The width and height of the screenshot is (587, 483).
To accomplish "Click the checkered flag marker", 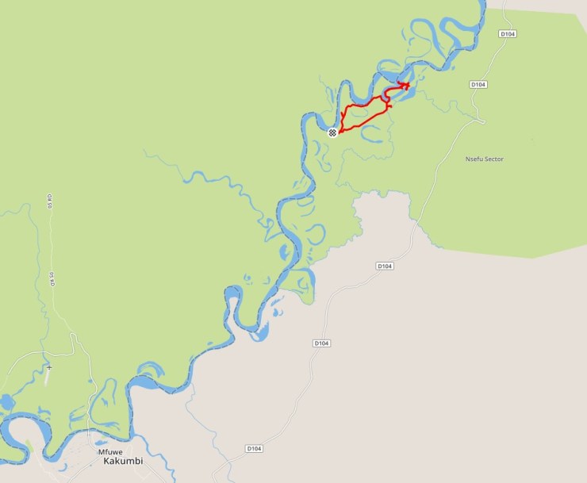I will [333, 132].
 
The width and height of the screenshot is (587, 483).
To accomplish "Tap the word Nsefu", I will [474, 159].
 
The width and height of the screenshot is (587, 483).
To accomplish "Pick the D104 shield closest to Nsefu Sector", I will [478, 84].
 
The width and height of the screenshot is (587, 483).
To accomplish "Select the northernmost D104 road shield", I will [508, 34].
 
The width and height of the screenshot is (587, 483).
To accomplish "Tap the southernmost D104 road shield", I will [254, 448].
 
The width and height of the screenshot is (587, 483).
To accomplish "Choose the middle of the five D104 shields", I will [385, 266].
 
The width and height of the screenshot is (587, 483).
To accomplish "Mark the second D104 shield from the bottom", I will [321, 343].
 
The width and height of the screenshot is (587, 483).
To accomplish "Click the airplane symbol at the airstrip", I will [49, 368].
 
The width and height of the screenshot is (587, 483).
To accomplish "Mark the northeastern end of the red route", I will [408, 85].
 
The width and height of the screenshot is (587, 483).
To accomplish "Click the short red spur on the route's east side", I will [389, 106].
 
